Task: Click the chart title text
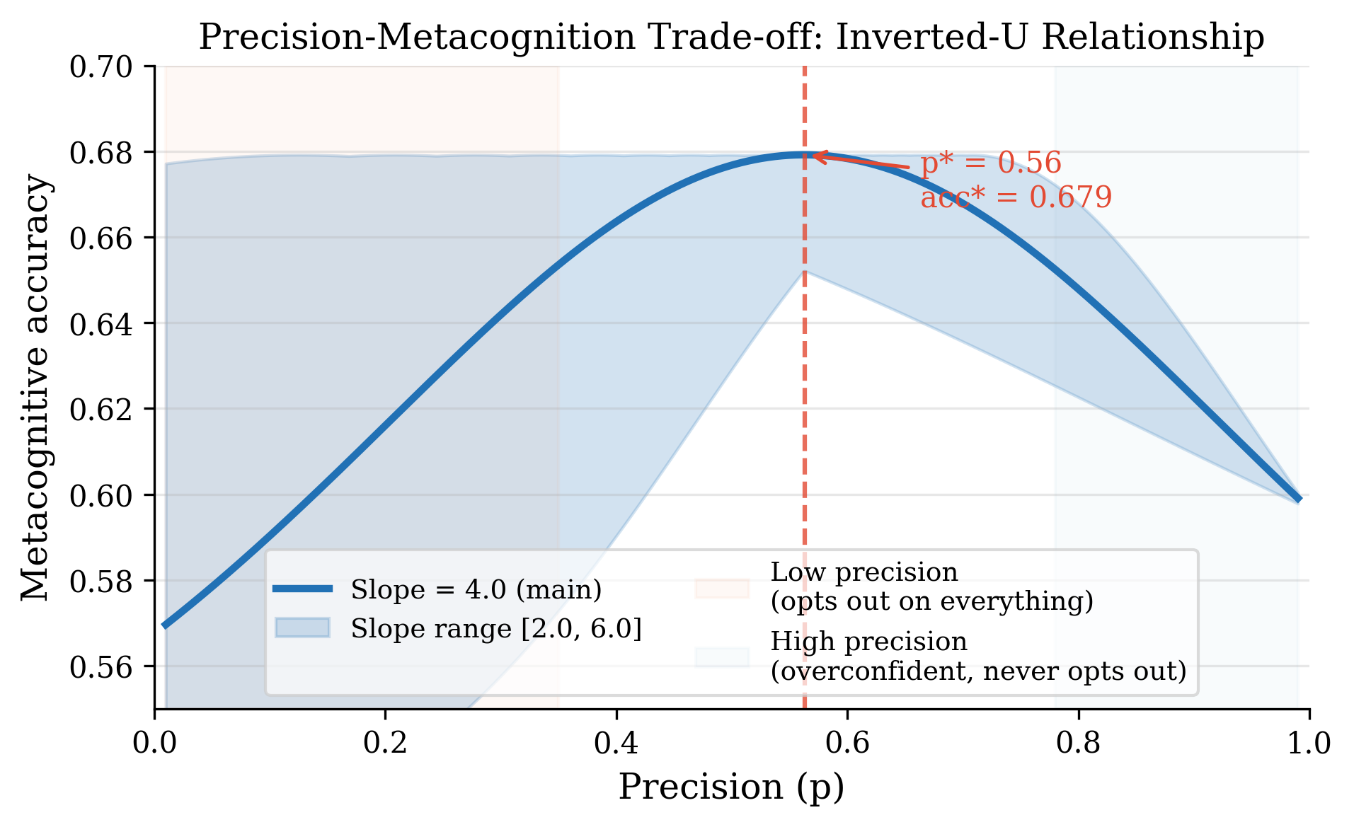point(731,37)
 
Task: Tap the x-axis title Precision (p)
point(731,787)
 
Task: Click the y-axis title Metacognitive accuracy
point(35,388)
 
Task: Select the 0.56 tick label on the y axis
point(101,666)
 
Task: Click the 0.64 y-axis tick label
point(101,323)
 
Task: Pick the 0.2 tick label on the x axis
point(385,744)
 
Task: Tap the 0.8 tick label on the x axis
point(1078,744)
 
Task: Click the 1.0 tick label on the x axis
point(1309,744)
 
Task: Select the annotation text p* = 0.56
point(991,163)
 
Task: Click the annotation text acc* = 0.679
point(1016,197)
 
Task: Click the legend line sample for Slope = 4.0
point(303,589)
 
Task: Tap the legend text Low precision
point(864,572)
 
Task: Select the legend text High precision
point(868,642)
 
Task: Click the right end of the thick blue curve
point(1300,499)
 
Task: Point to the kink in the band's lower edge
point(804,271)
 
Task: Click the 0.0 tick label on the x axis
point(155,744)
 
